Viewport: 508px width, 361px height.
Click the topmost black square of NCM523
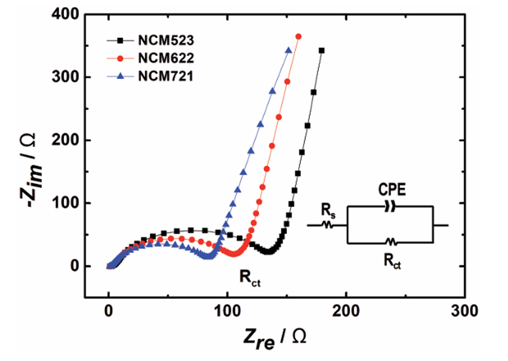point(322,50)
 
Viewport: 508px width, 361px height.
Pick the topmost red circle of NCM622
point(298,37)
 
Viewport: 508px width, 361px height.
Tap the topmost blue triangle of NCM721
point(288,50)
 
